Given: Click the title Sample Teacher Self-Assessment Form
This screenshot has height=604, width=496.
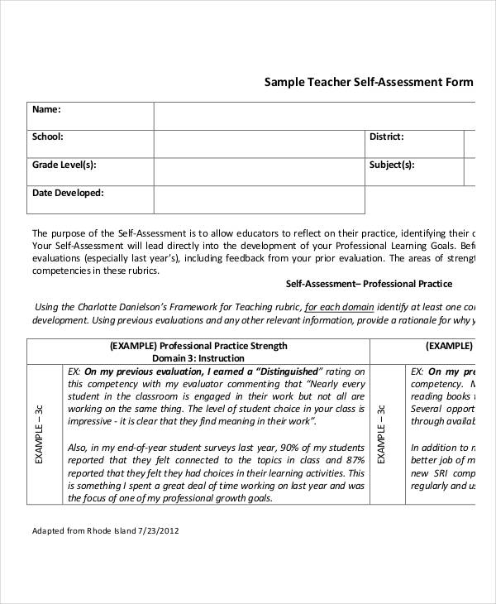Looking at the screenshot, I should (x=369, y=82).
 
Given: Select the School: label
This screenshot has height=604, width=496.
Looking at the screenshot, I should (x=47, y=137).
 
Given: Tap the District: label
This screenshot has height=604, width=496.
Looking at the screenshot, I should (x=386, y=137).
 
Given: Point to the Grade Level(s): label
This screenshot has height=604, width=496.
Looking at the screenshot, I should (x=64, y=165).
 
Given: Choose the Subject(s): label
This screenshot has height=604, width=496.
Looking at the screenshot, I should (x=391, y=165).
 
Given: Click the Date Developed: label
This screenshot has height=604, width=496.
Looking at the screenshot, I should (x=68, y=193).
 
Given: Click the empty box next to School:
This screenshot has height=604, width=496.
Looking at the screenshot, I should (x=259, y=143).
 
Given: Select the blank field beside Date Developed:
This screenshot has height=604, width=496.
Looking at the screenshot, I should (x=259, y=199).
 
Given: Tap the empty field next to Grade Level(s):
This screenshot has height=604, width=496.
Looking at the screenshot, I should (x=259, y=171).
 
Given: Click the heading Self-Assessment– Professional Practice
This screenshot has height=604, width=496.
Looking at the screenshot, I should (x=369, y=284).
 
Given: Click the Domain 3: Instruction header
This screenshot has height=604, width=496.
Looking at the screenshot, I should (x=198, y=358).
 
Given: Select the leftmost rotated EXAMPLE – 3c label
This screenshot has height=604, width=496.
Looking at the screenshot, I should (x=39, y=434).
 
